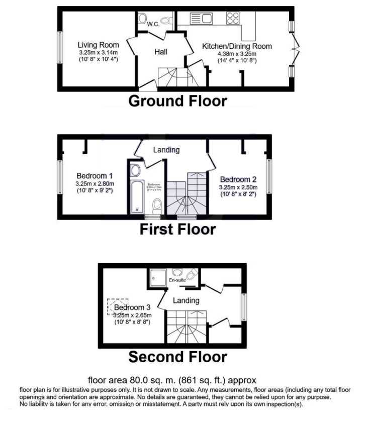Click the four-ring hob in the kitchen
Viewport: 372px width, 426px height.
233,19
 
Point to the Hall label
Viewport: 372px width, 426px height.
161,52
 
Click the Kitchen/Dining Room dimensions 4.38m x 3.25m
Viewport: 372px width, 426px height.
236,54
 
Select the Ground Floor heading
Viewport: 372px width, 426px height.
177,101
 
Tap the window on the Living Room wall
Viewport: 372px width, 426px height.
59,48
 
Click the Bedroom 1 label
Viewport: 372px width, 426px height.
95,176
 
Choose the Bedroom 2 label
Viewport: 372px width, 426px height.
238,179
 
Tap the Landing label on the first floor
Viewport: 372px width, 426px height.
166,150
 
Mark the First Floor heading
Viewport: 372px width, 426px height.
177,230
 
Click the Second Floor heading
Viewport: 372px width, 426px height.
177,357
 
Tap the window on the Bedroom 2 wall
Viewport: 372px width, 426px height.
269,176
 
